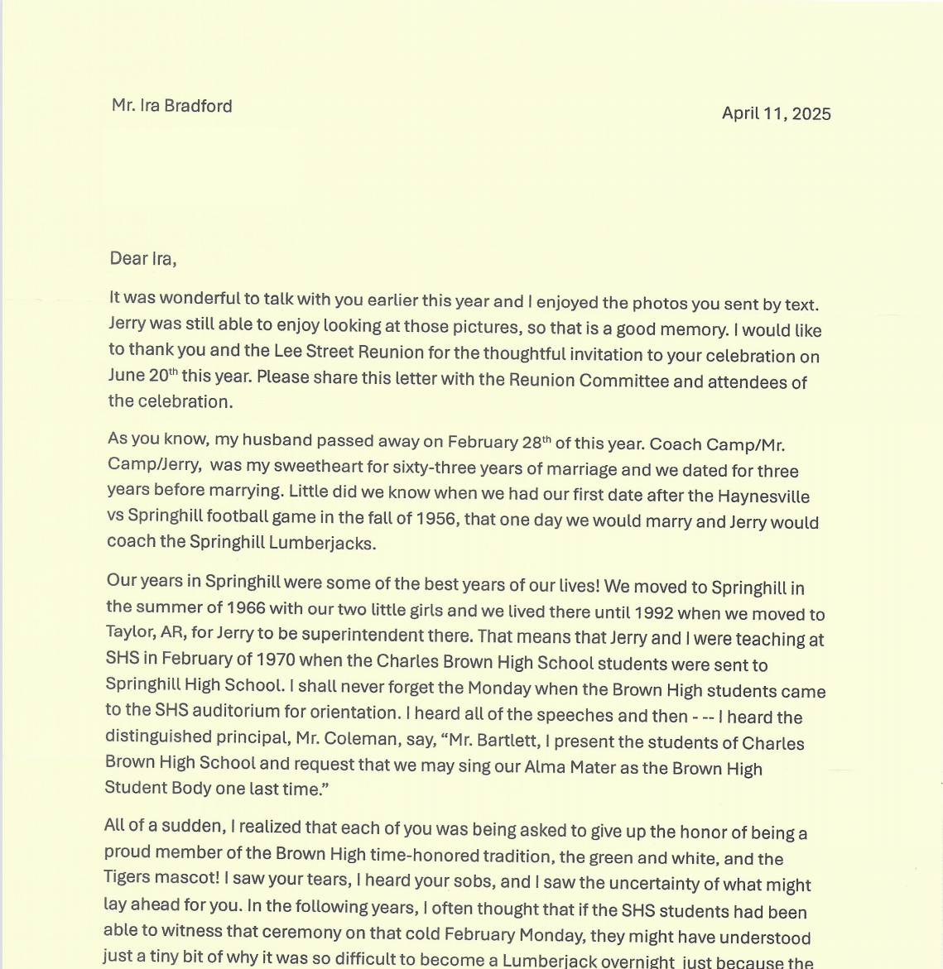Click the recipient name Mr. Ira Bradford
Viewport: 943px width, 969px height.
172,106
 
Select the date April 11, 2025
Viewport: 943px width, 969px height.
776,114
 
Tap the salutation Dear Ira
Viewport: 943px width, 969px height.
142,259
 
